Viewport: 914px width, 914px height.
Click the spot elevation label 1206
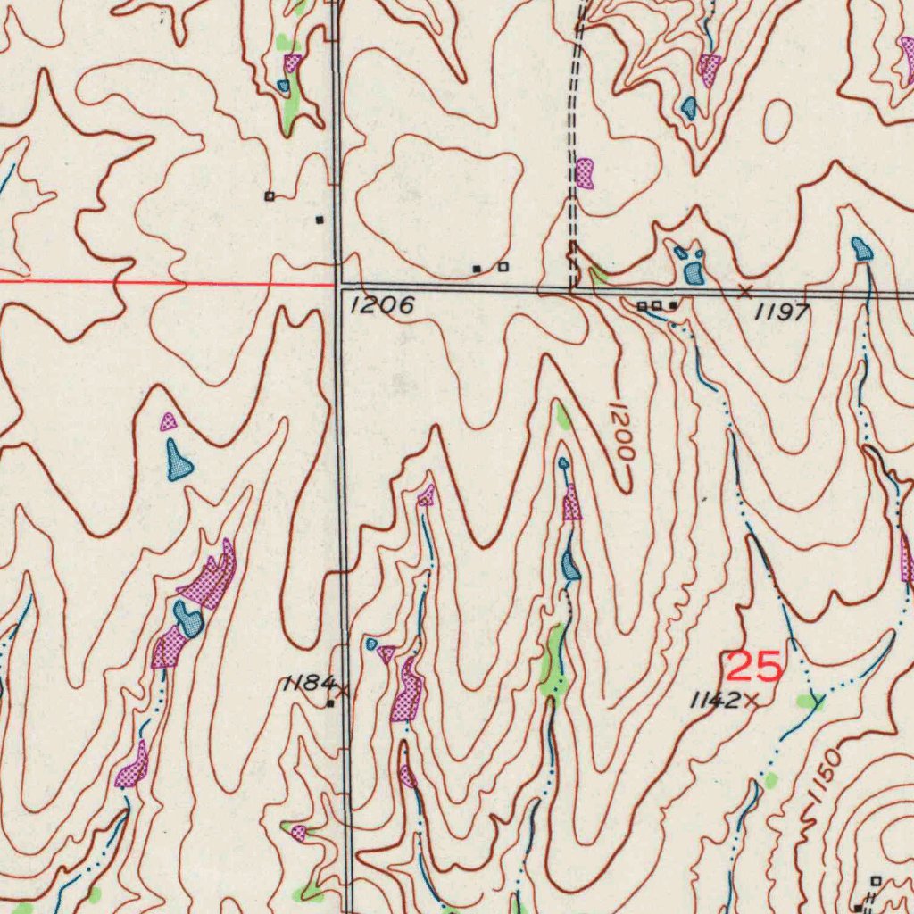click(382, 306)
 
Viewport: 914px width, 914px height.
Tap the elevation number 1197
click(782, 312)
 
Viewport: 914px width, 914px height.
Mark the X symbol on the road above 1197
click(745, 291)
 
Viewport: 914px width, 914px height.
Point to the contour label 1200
click(622, 432)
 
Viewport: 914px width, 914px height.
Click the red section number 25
click(753, 667)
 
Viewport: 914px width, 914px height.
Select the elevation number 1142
click(715, 701)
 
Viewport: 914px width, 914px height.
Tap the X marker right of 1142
click(751, 701)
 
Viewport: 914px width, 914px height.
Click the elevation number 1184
click(306, 685)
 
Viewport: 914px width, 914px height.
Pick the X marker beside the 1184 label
click(341, 689)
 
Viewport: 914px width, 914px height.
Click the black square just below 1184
click(329, 703)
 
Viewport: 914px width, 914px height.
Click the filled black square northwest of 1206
click(320, 219)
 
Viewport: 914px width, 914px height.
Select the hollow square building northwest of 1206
click(269, 195)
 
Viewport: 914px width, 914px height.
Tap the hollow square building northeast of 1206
click(503, 266)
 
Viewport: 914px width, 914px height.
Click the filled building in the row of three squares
click(672, 305)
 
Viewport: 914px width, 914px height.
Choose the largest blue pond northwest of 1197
click(694, 272)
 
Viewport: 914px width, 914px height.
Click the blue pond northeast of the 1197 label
click(862, 249)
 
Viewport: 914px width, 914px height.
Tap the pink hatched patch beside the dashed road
click(585, 172)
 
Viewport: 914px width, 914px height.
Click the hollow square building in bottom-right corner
click(875, 880)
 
